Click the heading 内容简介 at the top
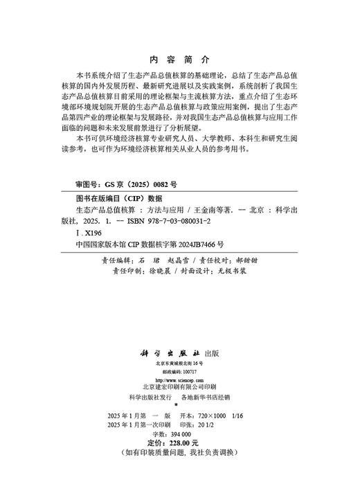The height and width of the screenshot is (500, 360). (179, 59)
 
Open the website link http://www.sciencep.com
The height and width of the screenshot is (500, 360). (179, 380)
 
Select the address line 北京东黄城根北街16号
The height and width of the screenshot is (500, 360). (179, 362)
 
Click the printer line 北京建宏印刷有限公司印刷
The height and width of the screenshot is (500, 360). (179, 388)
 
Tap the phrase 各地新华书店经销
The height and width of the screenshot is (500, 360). (208, 398)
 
